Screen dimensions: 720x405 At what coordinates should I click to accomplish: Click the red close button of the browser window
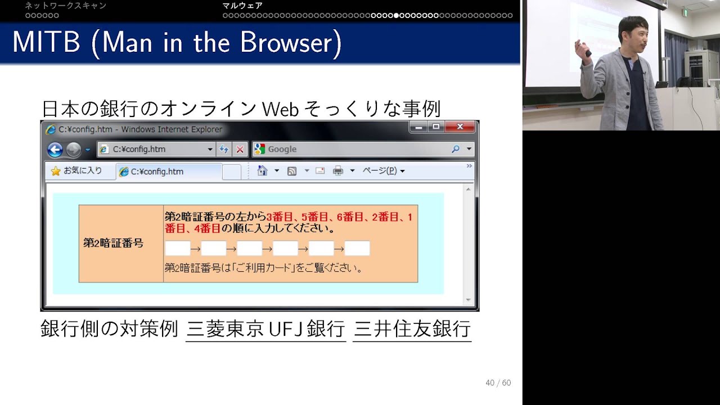460,127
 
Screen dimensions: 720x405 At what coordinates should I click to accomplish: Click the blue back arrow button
55,150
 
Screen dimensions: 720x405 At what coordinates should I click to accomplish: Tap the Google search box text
282,149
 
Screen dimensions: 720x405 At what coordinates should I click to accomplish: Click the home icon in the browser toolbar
262,170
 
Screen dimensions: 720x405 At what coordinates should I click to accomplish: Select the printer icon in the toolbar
338,170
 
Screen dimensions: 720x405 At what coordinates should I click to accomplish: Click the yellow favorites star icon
56,171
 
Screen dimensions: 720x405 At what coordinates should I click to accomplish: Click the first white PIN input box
177,249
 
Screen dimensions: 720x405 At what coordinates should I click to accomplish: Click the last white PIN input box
357,249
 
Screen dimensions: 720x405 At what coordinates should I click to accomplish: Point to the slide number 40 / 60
498,382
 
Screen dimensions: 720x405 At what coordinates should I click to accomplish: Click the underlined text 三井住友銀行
412,329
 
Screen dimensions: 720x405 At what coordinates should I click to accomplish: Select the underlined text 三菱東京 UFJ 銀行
265,329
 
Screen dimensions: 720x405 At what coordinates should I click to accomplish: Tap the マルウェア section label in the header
242,6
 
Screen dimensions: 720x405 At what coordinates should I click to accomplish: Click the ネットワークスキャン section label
66,6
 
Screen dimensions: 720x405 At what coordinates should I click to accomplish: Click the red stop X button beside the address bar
240,150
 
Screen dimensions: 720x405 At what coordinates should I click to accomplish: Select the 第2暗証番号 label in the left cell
113,243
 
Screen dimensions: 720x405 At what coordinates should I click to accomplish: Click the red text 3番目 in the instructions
280,217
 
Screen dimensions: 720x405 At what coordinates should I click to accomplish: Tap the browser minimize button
418,127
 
